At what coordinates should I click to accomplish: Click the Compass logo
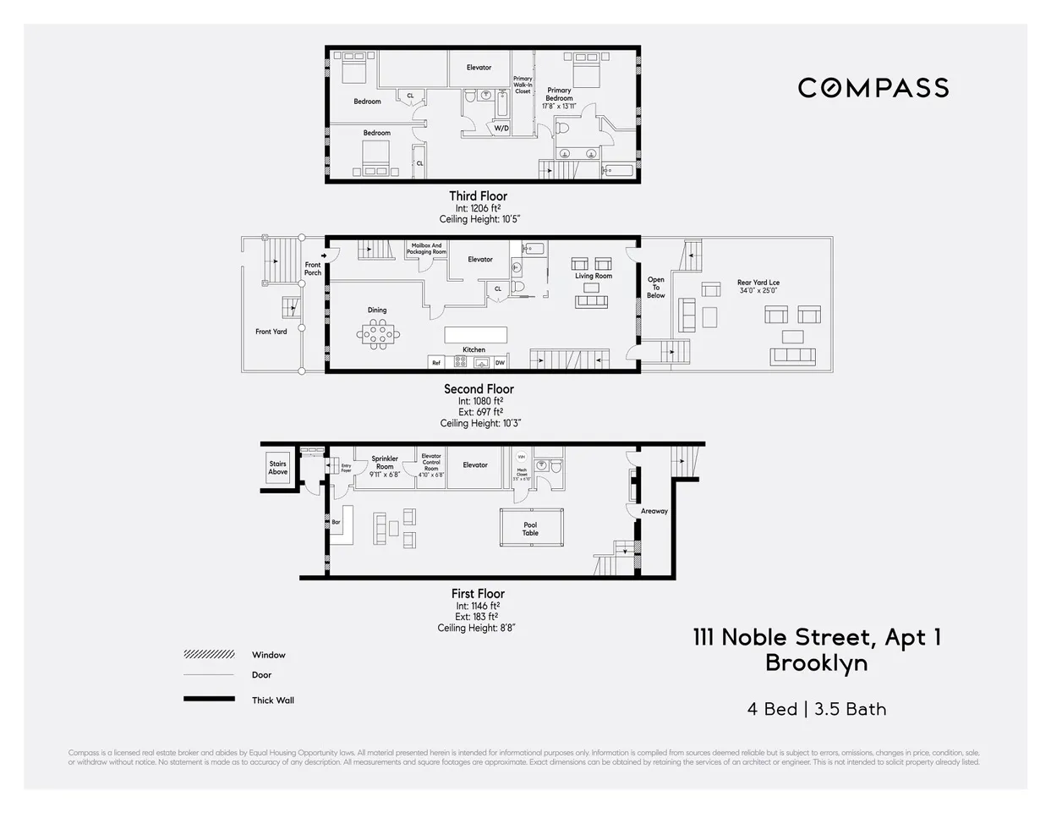873,88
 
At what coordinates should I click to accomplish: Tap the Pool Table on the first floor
530,529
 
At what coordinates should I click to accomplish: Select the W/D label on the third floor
501,129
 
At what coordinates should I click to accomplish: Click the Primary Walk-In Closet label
523,85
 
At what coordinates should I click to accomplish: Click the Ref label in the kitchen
436,363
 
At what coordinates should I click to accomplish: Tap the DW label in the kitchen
500,363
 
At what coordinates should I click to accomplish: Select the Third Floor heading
478,196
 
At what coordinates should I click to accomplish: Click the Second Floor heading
479,389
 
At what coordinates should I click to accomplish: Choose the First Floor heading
478,594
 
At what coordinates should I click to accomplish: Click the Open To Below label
656,288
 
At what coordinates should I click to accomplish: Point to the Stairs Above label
278,468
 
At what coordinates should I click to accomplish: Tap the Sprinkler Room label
385,463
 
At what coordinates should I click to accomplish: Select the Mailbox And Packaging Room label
426,249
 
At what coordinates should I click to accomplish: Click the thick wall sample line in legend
209,700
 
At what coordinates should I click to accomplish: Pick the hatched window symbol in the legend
209,655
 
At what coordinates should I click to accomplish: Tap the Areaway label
654,511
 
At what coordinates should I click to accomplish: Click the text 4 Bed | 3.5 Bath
817,709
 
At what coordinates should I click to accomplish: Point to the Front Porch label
313,269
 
